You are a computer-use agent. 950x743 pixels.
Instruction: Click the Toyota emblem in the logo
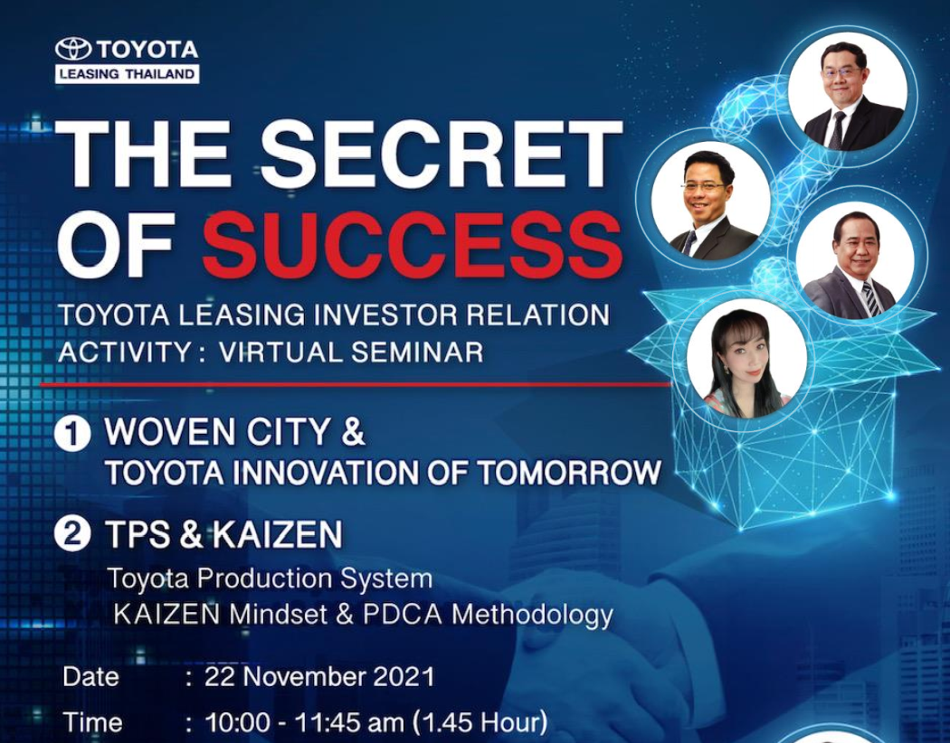click(x=73, y=49)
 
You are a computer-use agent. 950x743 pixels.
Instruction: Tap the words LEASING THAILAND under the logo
click(x=128, y=74)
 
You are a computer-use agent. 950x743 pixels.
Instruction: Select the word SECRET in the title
click(x=442, y=155)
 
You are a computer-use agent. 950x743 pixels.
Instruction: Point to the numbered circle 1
click(x=72, y=434)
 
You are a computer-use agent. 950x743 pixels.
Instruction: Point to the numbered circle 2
click(x=72, y=535)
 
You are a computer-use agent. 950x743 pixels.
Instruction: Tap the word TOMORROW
click(x=569, y=473)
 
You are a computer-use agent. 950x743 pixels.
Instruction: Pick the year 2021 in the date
click(x=404, y=676)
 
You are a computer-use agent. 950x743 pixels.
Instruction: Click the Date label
click(x=90, y=676)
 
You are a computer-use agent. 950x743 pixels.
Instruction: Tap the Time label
click(x=92, y=722)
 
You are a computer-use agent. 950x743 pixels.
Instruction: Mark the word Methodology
click(x=533, y=616)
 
